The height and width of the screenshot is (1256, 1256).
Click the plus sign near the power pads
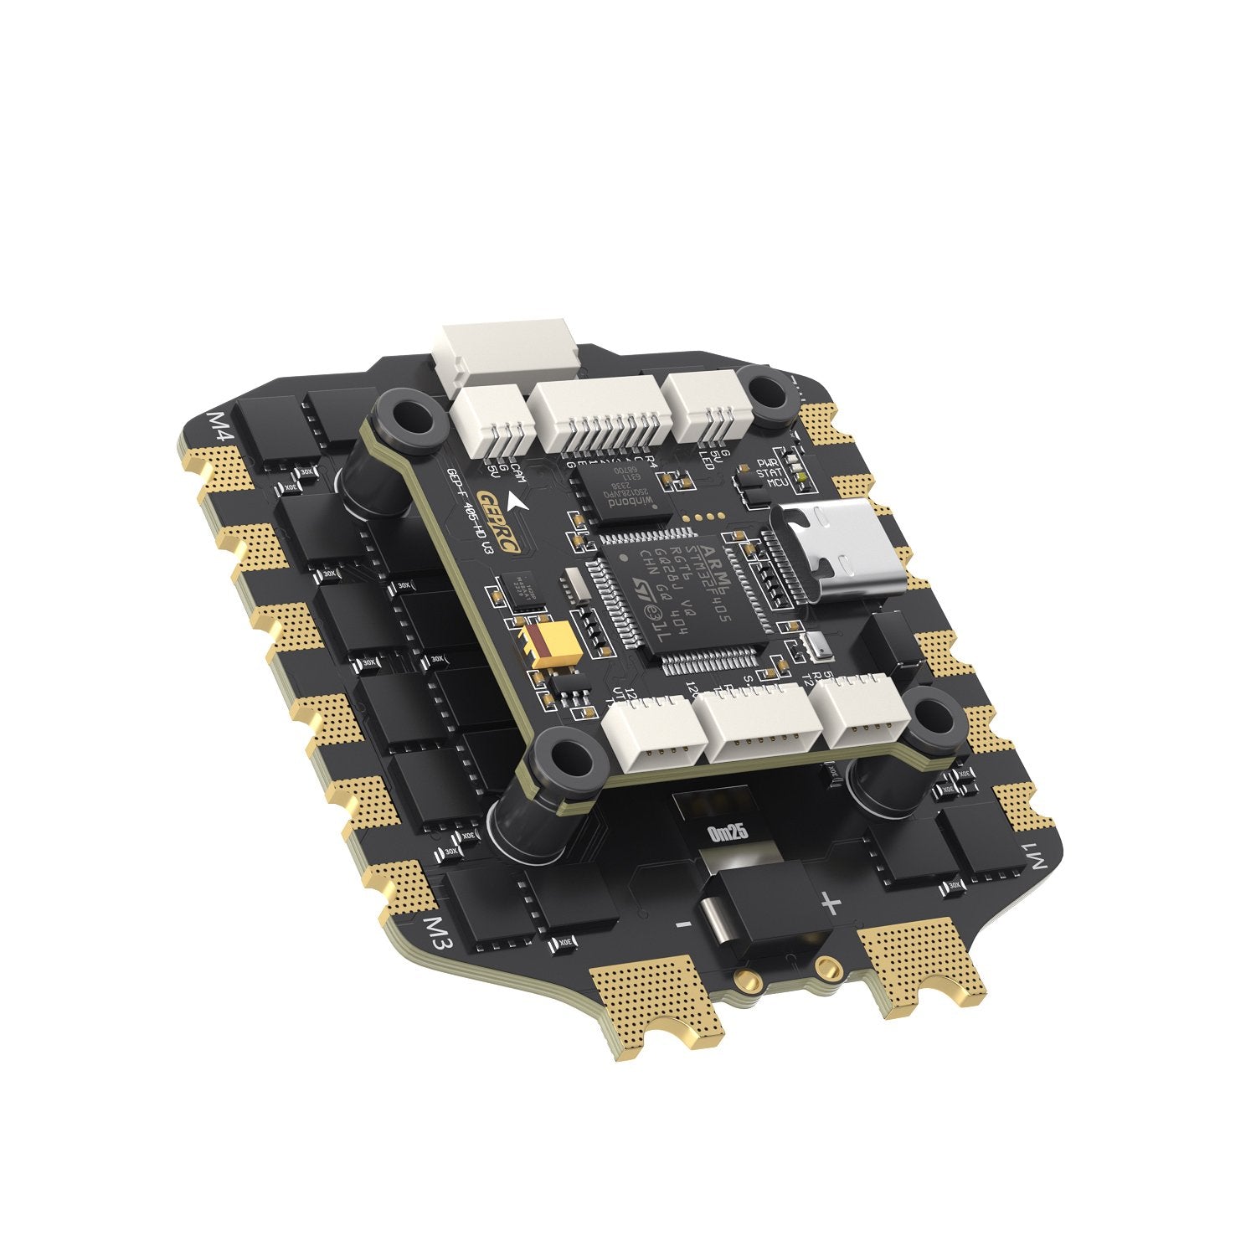[x=829, y=903]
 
